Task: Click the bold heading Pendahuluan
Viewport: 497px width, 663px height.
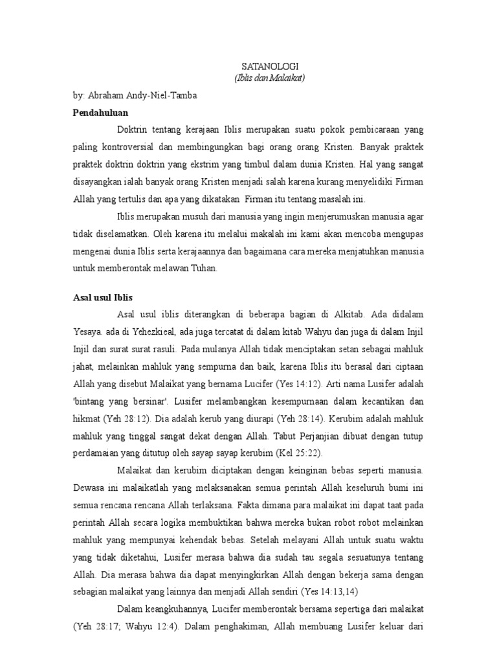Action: click(100, 112)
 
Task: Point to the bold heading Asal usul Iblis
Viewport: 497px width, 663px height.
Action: click(102, 298)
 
